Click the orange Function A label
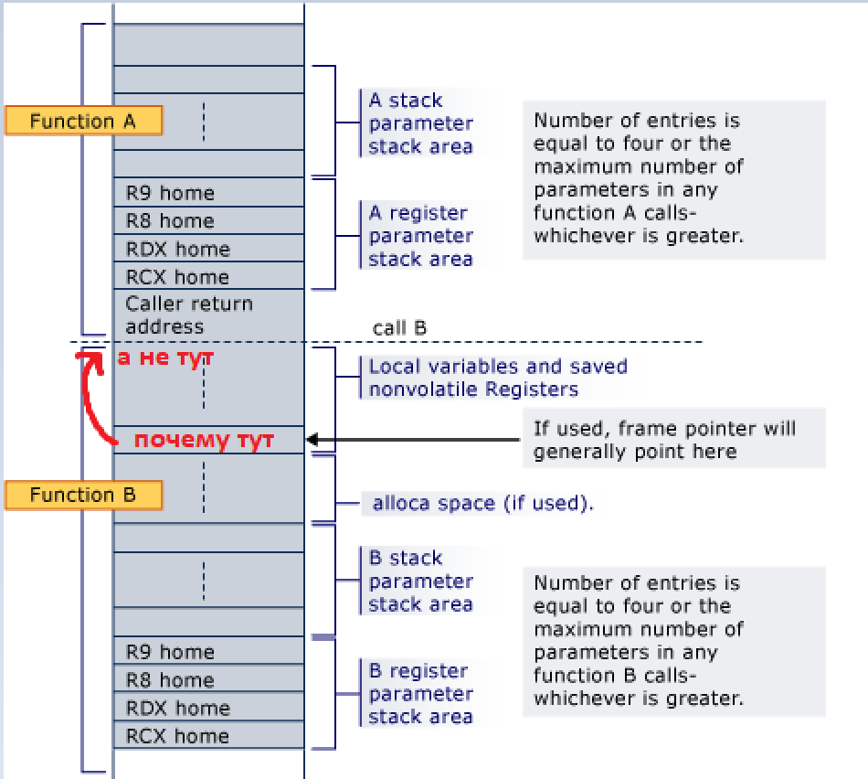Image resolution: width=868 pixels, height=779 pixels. click(x=83, y=121)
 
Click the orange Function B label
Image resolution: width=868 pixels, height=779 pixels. click(x=83, y=496)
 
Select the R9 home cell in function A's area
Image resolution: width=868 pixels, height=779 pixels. click(x=208, y=193)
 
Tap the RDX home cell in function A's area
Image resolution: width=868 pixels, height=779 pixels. click(x=208, y=249)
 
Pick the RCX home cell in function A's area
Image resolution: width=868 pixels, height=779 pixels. click(x=208, y=277)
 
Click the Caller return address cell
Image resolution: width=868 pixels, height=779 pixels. click(x=208, y=315)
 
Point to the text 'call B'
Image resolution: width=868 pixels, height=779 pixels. click(x=400, y=327)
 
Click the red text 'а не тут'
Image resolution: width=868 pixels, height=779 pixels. click(x=165, y=358)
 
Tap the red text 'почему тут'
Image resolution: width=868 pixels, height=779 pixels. click(x=204, y=441)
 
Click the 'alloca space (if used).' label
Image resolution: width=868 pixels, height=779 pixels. click(x=482, y=503)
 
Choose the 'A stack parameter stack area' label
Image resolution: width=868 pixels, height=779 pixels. click(x=420, y=123)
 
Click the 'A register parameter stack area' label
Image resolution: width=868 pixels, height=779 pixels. click(x=420, y=236)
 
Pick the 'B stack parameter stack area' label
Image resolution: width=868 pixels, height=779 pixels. click(x=420, y=582)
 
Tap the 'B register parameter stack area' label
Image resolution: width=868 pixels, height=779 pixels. click(x=420, y=694)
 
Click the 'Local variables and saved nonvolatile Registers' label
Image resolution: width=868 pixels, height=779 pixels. click(x=497, y=378)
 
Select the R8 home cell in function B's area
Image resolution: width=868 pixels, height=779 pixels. click(x=208, y=680)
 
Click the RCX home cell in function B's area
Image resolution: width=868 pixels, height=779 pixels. click(x=208, y=736)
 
